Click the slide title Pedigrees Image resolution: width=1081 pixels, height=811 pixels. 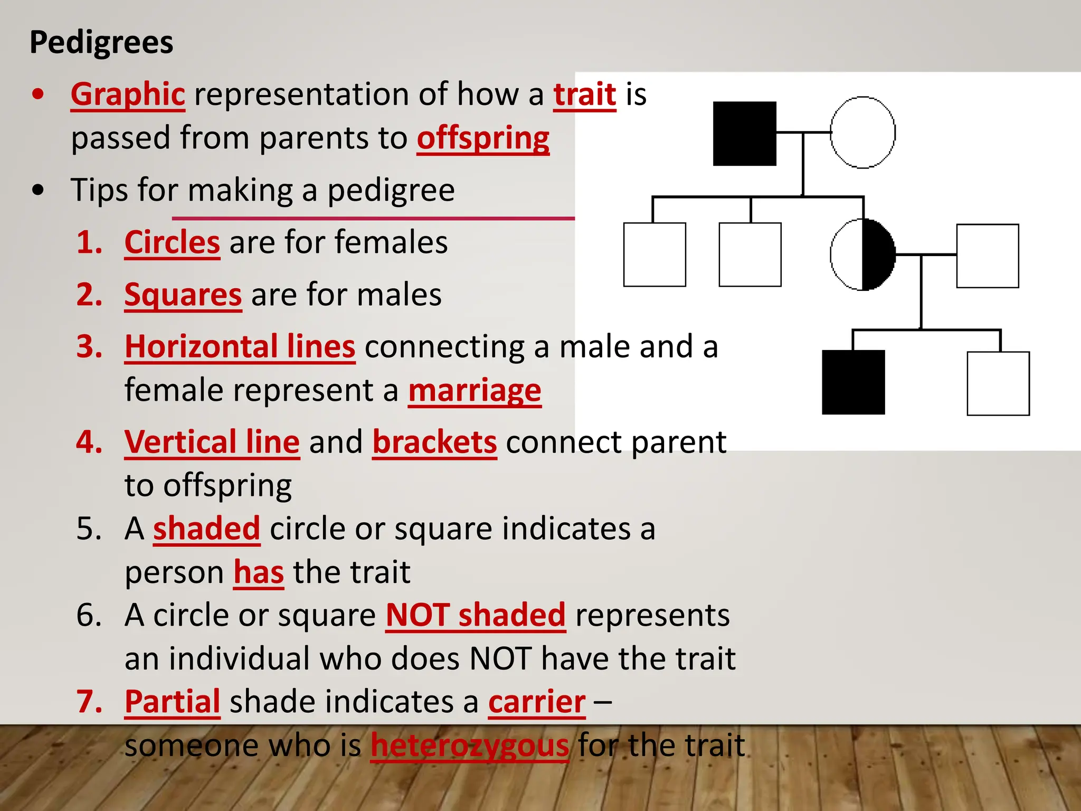tap(101, 42)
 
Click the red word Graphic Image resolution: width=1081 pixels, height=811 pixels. tap(128, 95)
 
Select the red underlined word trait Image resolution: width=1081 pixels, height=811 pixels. tap(584, 95)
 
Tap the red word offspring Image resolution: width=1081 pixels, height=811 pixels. tap(483, 138)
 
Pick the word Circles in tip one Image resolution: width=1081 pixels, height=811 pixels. tap(172, 242)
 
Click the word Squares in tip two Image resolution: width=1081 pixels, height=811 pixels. tap(183, 295)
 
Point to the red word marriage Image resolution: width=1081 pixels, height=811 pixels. tap(475, 391)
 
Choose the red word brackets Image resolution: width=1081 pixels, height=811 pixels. tap(434, 442)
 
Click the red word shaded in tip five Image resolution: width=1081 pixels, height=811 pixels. tap(206, 529)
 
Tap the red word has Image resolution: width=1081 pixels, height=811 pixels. tap(259, 572)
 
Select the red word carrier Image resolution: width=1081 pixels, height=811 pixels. tap(537, 702)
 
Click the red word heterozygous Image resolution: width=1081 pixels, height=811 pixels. tap(470, 746)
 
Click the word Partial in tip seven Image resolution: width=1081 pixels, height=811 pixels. tap(172, 702)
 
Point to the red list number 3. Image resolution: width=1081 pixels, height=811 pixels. tap(89, 347)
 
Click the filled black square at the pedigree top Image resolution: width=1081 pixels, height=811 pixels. tap(744, 134)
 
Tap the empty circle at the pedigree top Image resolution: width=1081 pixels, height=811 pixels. tap(862, 133)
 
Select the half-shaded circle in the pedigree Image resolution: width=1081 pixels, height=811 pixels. tap(862, 254)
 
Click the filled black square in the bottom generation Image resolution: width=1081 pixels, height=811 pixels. tap(853, 382)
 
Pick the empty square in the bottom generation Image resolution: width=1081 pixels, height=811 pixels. tap(998, 383)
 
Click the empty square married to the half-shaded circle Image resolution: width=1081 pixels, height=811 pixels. tap(987, 256)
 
